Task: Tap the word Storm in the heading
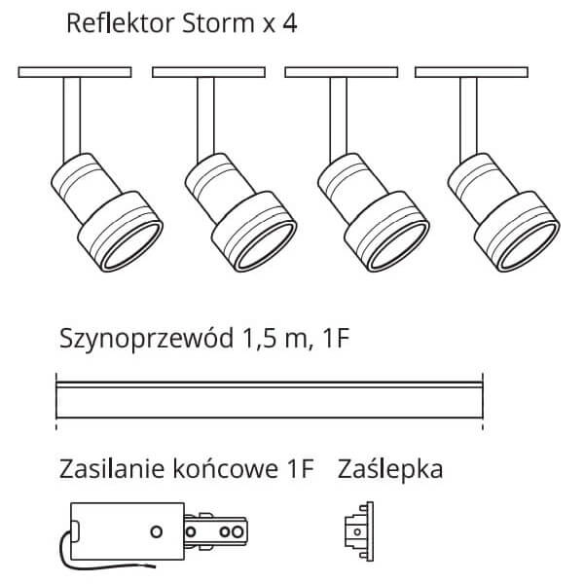pos(210,23)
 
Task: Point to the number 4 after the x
pos(288,23)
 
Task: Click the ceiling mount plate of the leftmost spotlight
pos(76,72)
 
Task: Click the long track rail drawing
pos(271,398)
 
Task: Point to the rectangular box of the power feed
pos(124,530)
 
